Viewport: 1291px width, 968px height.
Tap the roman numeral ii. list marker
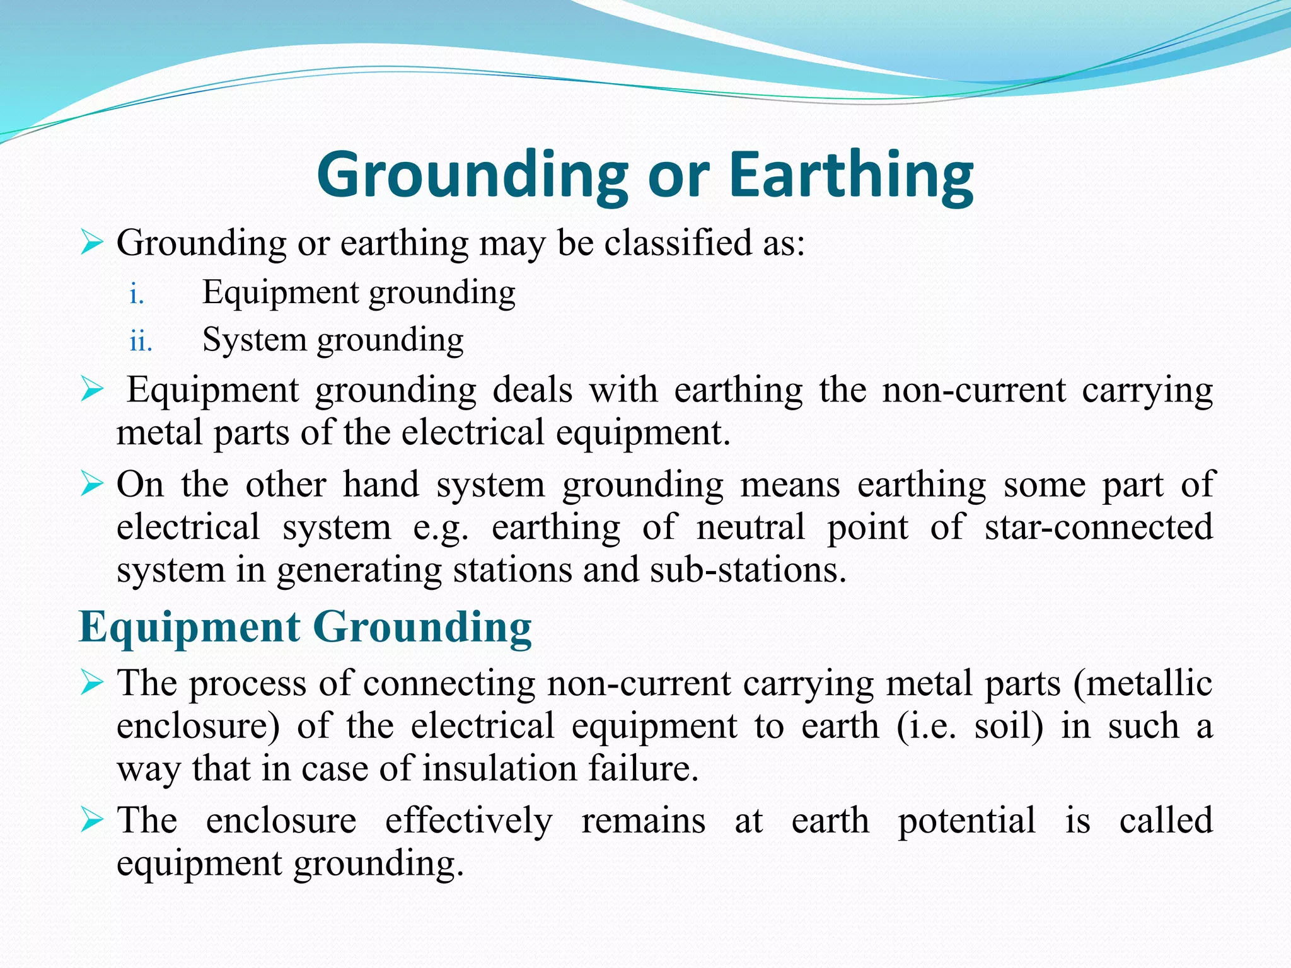click(141, 342)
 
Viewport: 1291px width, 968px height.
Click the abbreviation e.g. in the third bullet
click(441, 528)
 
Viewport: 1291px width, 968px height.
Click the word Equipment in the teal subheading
click(190, 628)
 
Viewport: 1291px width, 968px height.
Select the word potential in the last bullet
click(966, 821)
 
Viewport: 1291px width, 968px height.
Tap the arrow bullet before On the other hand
click(92, 485)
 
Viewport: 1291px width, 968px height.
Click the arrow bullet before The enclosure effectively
click(92, 821)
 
